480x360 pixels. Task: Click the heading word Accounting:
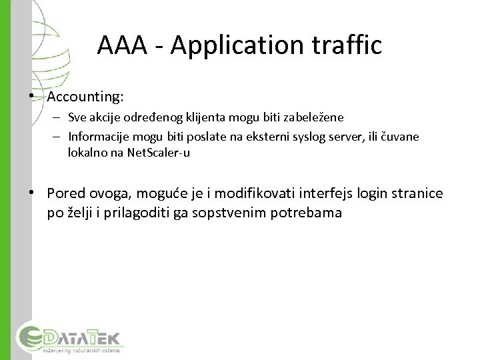pyautogui.click(x=85, y=97)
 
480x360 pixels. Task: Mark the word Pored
pyautogui.click(x=66, y=193)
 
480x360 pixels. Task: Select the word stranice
pyautogui.click(x=417, y=193)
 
